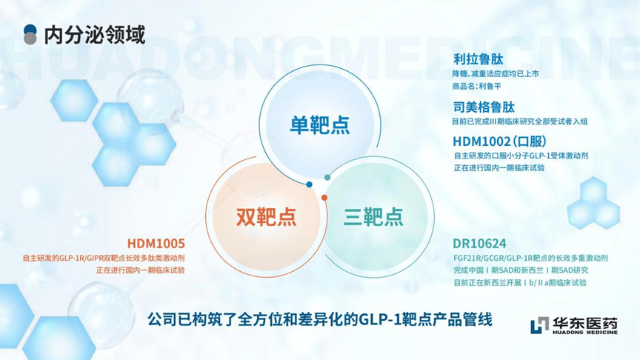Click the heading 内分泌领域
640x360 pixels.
[94, 35]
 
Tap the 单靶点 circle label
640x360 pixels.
[319, 124]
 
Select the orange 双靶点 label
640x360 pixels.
[266, 217]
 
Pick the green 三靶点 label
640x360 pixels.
[373, 217]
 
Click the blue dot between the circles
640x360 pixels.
[309, 184]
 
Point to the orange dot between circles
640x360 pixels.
[324, 198]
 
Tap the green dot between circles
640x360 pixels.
[327, 177]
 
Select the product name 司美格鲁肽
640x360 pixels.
[484, 107]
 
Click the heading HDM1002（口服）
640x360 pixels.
[499, 141]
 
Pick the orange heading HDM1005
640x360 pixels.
[156, 244]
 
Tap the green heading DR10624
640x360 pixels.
[479, 244]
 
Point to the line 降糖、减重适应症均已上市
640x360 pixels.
[496, 74]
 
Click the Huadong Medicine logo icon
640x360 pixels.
[539, 325]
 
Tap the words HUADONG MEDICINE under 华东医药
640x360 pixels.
[585, 333]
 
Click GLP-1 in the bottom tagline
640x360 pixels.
[379, 319]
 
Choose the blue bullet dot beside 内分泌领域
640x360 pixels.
[30, 30]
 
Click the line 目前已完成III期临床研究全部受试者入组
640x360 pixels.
[519, 121]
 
